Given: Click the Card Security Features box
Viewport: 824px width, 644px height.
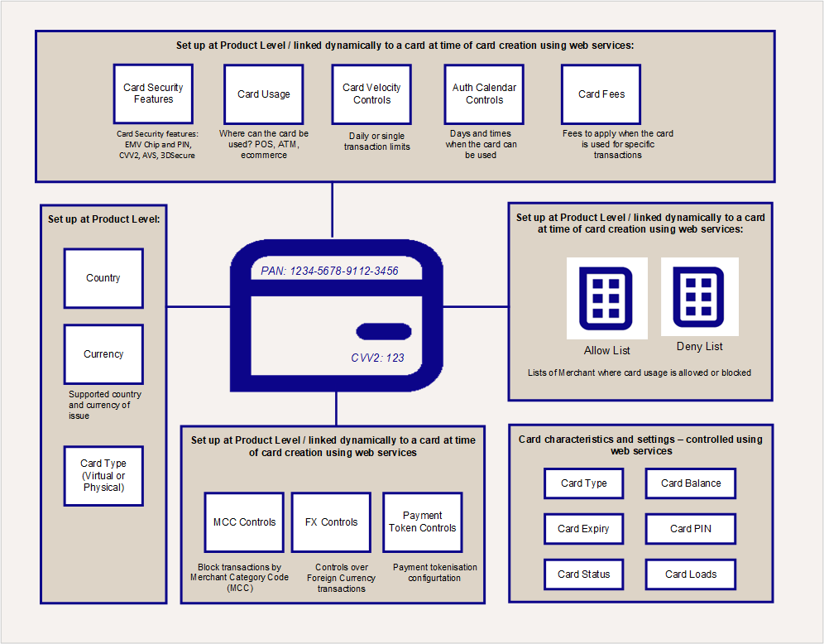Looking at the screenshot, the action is click(x=153, y=94).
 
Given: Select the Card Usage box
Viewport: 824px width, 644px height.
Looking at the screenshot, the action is click(x=264, y=94).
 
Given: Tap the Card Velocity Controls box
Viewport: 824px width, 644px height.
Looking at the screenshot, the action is click(x=371, y=94).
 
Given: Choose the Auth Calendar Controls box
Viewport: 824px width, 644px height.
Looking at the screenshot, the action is click(x=484, y=94).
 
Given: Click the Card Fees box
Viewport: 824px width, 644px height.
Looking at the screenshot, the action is click(x=601, y=94).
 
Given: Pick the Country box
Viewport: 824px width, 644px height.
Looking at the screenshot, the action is click(x=103, y=278).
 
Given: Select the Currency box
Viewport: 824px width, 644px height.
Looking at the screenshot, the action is click(x=103, y=354).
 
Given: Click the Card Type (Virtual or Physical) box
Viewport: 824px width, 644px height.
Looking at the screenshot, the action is click(x=103, y=476).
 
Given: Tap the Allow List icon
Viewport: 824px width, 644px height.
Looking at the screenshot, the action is click(x=606, y=298).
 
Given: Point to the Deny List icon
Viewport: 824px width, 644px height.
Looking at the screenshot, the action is click(x=699, y=297).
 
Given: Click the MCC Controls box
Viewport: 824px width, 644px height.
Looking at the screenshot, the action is click(x=244, y=522).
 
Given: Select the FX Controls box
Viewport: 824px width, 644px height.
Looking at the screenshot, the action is click(x=332, y=522).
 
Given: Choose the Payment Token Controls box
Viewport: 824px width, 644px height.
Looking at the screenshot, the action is click(x=423, y=522).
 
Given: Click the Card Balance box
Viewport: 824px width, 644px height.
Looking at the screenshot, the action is click(x=691, y=483).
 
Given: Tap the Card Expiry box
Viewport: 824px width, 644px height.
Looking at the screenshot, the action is click(x=584, y=528).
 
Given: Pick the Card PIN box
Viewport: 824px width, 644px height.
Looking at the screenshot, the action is click(x=691, y=528).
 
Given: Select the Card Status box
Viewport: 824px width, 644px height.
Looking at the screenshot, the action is click(x=584, y=574).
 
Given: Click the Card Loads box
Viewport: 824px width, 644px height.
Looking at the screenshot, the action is click(x=691, y=574).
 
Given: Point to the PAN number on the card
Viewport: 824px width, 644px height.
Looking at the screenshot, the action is click(x=329, y=271).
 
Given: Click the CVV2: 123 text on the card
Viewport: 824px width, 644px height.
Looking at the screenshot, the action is click(x=377, y=358).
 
